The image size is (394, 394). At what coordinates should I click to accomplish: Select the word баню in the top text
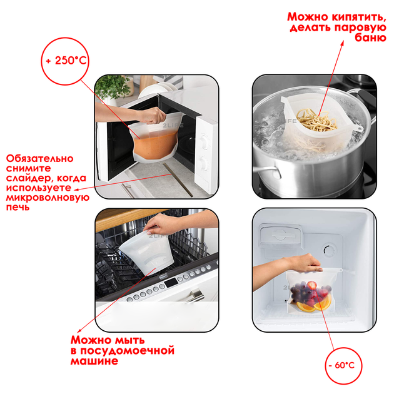(x=370, y=38)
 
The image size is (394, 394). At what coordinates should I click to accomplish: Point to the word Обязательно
(x=39, y=159)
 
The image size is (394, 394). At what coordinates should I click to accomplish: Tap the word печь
(x=18, y=207)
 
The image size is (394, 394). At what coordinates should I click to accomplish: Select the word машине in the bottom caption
(x=94, y=361)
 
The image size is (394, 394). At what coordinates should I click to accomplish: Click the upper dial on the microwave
(x=205, y=143)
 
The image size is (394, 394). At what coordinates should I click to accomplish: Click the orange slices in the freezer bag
(x=314, y=306)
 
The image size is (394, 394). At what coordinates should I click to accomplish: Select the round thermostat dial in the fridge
(x=330, y=250)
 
